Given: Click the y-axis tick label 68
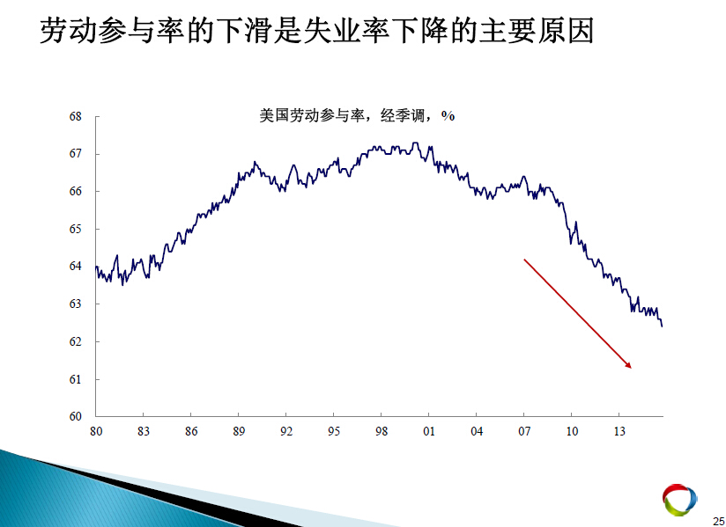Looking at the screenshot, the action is (76, 116).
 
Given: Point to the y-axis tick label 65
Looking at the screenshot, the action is (76, 230).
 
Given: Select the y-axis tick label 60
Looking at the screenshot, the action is (76, 416).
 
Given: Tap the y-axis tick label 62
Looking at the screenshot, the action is (76, 341).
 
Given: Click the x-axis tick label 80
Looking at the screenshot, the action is (96, 431).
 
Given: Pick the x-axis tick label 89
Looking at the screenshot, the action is (239, 431).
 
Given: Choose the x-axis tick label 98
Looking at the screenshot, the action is (381, 431).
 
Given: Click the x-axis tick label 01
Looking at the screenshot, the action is (429, 431).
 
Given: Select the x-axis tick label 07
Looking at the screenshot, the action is (524, 431).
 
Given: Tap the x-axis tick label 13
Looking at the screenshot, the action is (619, 431).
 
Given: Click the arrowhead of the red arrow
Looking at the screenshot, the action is (629, 365).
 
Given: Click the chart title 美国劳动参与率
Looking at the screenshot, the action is (312, 115).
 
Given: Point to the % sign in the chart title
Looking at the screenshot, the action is (448, 115).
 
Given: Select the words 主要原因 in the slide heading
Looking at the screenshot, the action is (537, 31).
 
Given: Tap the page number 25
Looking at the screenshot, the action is (719, 521).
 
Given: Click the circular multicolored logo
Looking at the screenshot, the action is (679, 499).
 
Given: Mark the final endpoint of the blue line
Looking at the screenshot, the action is (662, 326).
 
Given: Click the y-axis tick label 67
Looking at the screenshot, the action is (76, 154).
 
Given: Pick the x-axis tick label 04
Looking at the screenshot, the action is (477, 431).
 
